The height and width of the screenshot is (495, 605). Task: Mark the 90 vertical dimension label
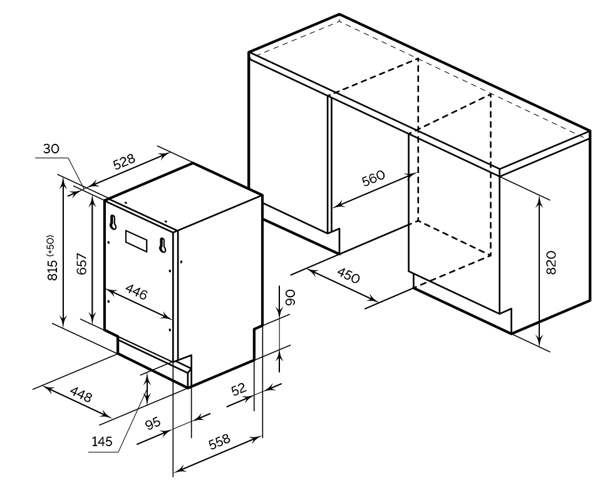[x=290, y=298]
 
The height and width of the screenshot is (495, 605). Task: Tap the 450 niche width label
[x=348, y=275]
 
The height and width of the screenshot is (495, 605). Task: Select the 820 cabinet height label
[x=551, y=263]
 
